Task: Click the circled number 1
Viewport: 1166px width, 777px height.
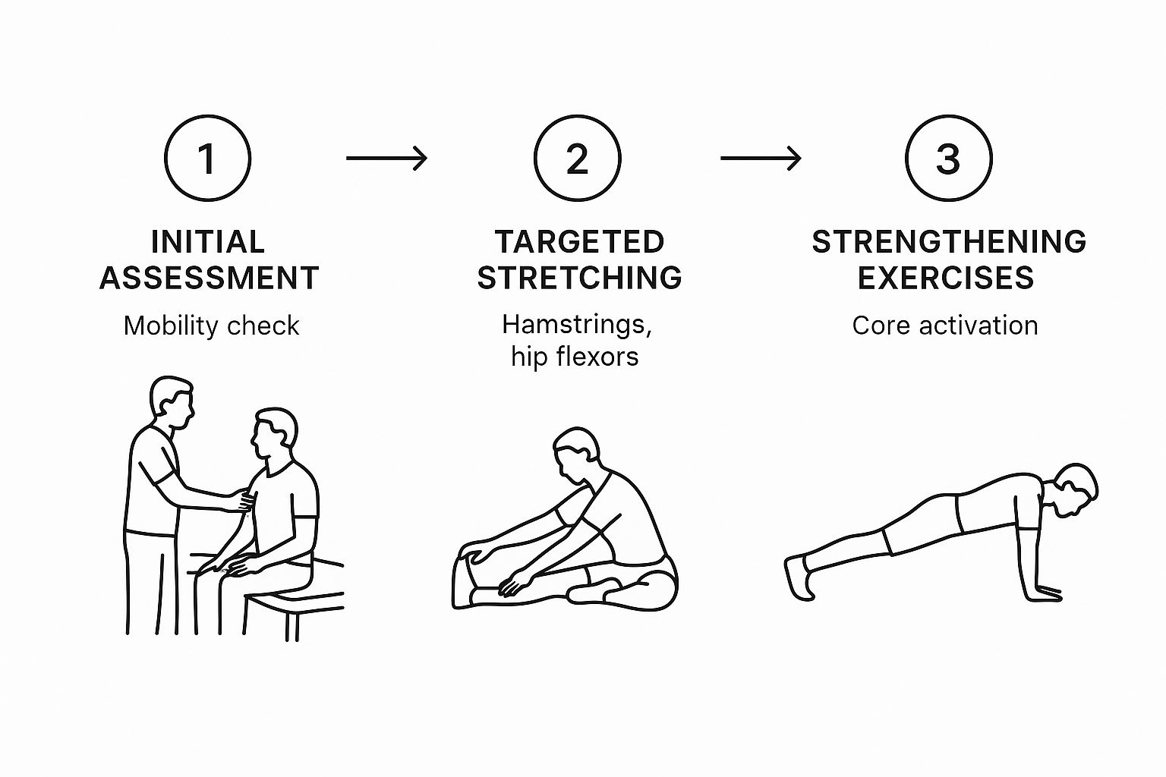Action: tap(207, 159)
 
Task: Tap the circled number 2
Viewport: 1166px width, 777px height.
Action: tap(577, 159)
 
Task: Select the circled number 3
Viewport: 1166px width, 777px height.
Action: tap(948, 159)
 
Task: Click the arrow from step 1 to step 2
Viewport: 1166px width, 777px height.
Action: tap(386, 158)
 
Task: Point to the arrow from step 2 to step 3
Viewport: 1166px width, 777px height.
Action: tap(761, 158)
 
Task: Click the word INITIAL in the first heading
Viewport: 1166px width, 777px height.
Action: tap(207, 242)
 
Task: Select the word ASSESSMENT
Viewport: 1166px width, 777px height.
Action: tap(209, 278)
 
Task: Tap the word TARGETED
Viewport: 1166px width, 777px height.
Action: tap(579, 242)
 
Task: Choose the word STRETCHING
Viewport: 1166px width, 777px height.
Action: tap(579, 278)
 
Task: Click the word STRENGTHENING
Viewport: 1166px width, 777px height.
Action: tap(949, 242)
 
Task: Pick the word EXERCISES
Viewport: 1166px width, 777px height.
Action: tap(946, 278)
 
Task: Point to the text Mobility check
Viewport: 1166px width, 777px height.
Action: tap(211, 326)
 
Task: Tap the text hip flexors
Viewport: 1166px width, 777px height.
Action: tap(575, 356)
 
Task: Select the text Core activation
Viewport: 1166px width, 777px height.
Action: tap(944, 326)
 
